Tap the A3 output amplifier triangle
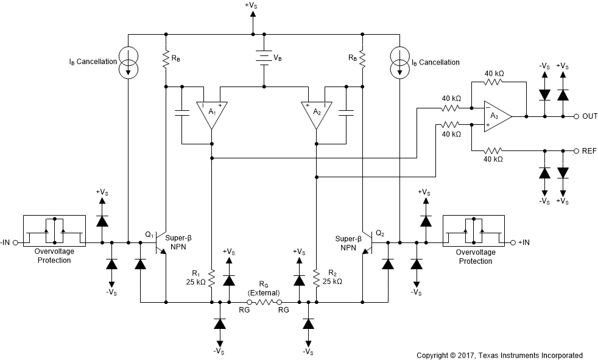pyautogui.click(x=496, y=116)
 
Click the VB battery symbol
pyautogui.click(x=263, y=58)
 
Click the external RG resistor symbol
pyautogui.click(x=264, y=302)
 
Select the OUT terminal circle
pyautogui.click(x=575, y=116)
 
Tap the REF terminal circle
pyautogui.click(x=575, y=150)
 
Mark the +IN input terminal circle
pyautogui.click(x=512, y=242)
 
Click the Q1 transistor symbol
pyautogui.click(x=161, y=242)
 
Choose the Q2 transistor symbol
pyautogui.click(x=367, y=242)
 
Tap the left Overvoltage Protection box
pyautogui.click(x=54, y=231)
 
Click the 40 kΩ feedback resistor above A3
pyautogui.click(x=493, y=81)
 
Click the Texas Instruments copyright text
pyautogui.click(x=499, y=355)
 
